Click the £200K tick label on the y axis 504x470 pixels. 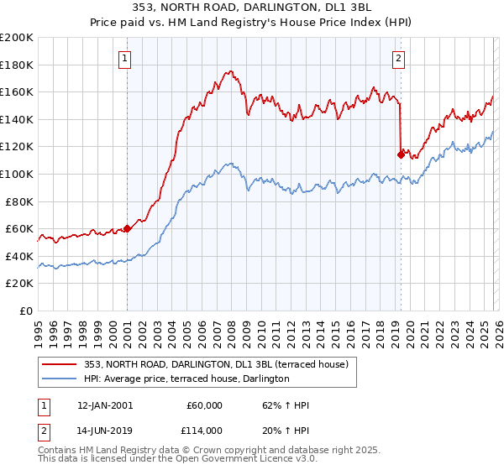click(17, 38)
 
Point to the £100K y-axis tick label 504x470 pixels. click(17, 174)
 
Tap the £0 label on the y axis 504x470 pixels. click(26, 311)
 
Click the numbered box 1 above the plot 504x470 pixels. click(125, 58)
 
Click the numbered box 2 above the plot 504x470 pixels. click(397, 58)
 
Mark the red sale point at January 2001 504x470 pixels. click(127, 228)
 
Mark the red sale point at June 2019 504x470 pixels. click(400, 154)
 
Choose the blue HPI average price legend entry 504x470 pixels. click(186, 379)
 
